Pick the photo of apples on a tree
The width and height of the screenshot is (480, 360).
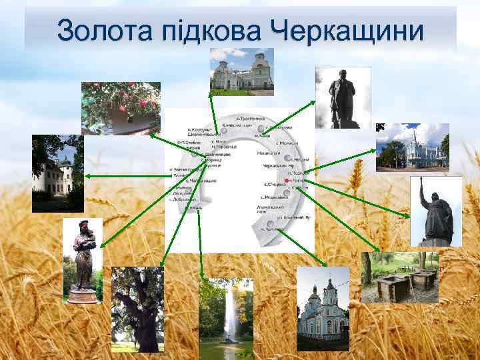(121, 108)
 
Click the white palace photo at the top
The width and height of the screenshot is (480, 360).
(242, 71)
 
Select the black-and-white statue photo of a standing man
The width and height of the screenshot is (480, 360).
(343, 97)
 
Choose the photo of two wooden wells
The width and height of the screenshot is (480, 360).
(400, 277)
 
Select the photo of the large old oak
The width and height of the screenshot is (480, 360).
(137, 309)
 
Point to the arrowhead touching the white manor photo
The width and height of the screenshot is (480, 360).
(87, 176)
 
